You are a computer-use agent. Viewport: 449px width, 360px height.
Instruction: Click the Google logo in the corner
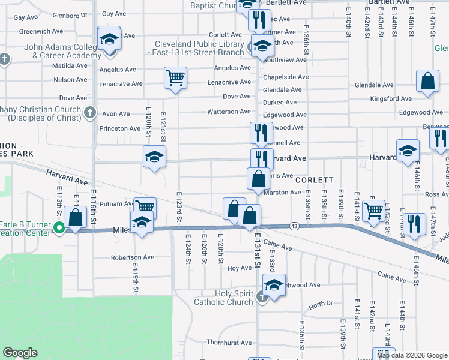point(20,353)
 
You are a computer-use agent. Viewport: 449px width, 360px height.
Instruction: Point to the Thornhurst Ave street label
point(229,343)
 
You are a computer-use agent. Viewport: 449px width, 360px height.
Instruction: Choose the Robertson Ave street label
point(132,257)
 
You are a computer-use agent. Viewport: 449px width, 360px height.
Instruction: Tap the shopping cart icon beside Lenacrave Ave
point(175,77)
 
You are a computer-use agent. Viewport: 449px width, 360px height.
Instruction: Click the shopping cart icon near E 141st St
point(373,211)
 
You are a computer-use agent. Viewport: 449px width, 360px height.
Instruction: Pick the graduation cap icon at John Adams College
point(109,40)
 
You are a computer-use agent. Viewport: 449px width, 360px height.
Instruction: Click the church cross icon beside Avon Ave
point(89,112)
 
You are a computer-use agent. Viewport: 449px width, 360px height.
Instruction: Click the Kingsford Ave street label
point(391,98)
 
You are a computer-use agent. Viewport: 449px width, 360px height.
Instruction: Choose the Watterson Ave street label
point(229,112)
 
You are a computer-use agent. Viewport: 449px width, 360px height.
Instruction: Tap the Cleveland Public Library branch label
point(199,48)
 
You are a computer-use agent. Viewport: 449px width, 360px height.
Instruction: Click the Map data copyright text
point(412,355)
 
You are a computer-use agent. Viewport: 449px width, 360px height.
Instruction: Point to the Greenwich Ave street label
point(41,31)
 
